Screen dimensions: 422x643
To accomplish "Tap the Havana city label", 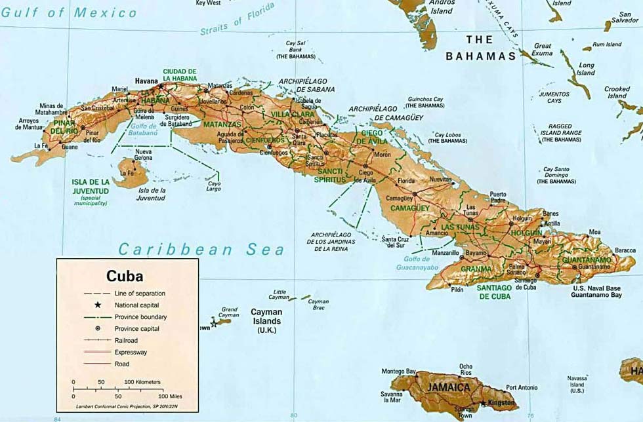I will point(147,81).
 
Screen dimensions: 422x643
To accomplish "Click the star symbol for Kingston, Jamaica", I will point(484,403).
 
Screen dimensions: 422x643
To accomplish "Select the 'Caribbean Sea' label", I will point(201,249).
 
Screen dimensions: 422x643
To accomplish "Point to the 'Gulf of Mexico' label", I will point(69,12).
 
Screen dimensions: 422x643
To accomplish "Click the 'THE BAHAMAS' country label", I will point(480,48).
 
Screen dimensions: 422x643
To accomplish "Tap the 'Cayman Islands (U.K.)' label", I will point(266,321).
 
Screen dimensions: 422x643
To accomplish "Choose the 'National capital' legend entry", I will point(136,305).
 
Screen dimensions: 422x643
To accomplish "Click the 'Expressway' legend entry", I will point(131,352).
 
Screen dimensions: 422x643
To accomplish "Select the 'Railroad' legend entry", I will point(128,340).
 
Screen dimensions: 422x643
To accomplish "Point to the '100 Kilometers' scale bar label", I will point(142,381).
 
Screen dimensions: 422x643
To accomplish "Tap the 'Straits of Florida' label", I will point(230,24).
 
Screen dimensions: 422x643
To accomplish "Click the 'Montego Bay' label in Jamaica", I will point(399,372).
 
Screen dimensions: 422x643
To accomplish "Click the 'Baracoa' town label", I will point(625,250).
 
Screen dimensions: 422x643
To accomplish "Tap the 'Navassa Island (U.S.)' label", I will point(577,384).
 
